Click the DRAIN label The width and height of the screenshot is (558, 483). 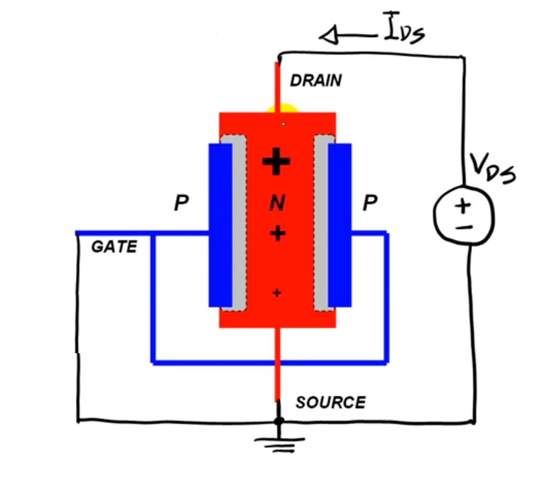(x=315, y=80)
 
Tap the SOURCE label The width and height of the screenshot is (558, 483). (x=330, y=403)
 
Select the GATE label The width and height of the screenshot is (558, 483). (x=114, y=247)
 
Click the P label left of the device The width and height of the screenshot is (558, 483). (x=181, y=203)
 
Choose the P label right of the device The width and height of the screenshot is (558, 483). (x=370, y=203)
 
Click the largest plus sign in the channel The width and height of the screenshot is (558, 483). (x=276, y=163)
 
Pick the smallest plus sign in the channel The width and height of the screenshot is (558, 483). (x=276, y=293)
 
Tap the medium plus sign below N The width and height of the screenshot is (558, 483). (x=277, y=233)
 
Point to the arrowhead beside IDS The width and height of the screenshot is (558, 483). (x=331, y=38)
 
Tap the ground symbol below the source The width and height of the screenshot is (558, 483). (x=279, y=441)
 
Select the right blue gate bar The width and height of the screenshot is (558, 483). (x=339, y=225)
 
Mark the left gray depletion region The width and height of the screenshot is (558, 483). (x=239, y=223)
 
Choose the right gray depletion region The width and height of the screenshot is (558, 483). (x=321, y=223)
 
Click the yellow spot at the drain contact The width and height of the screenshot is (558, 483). (x=282, y=110)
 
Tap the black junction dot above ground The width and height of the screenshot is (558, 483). (x=279, y=421)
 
